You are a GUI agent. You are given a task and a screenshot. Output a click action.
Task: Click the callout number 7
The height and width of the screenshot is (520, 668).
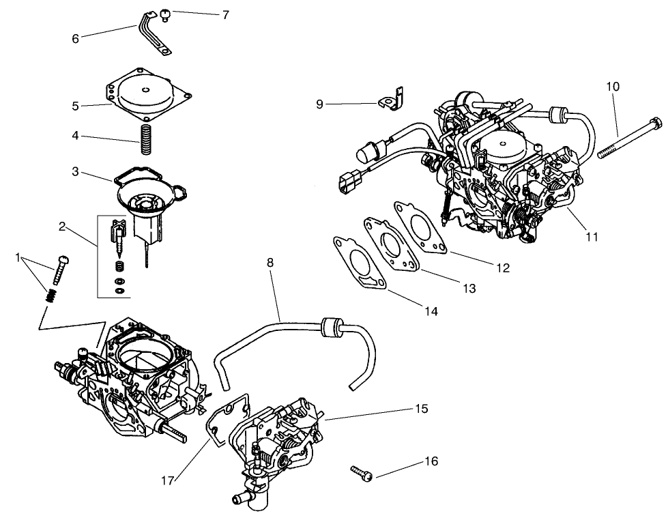click(226, 14)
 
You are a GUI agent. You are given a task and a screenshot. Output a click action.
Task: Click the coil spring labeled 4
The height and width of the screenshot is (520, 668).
click(145, 139)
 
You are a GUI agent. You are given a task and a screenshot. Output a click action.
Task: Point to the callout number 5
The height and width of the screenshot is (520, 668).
click(76, 106)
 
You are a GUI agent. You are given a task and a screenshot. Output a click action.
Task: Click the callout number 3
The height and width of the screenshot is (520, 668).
click(76, 171)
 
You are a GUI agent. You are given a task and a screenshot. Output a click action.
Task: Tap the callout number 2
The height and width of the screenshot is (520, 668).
click(62, 227)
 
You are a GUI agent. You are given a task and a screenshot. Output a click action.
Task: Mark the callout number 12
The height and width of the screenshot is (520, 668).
click(502, 268)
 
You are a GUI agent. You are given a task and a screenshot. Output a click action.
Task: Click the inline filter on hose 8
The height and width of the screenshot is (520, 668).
click(332, 326)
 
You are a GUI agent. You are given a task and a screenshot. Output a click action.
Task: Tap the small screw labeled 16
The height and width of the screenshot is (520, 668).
click(361, 472)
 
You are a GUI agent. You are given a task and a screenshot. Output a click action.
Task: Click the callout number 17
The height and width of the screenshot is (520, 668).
click(168, 480)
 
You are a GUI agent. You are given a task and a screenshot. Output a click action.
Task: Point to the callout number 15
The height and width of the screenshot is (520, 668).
click(421, 409)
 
